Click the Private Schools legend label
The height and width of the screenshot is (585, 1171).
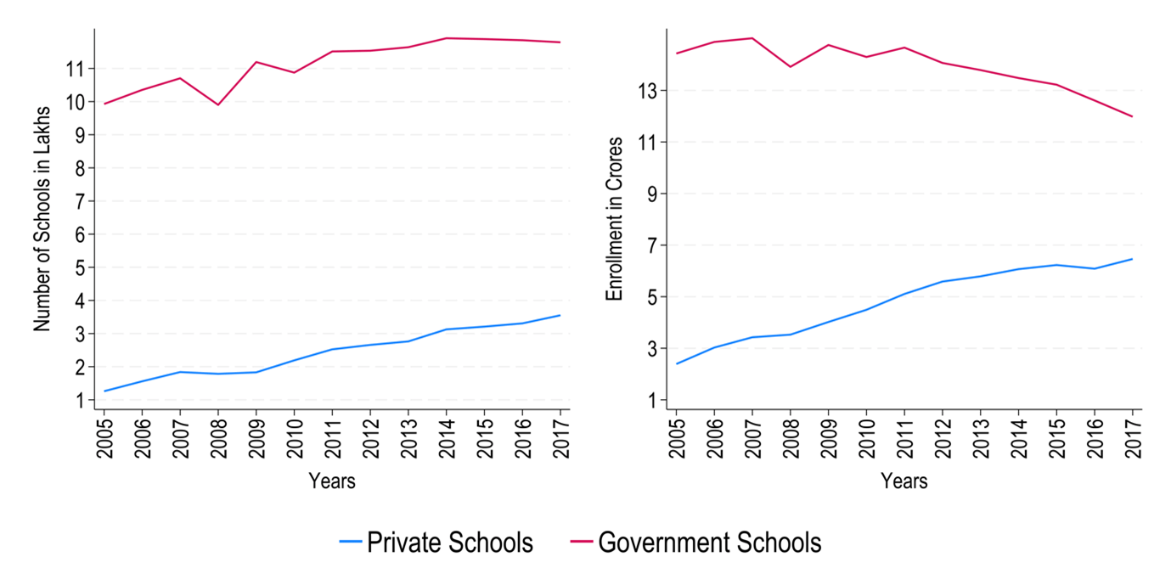pos(450,543)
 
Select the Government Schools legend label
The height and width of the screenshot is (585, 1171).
pos(710,543)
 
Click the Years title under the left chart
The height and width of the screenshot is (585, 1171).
pos(332,481)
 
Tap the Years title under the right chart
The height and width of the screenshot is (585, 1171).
pos(904,481)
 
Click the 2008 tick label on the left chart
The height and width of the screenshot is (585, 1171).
pos(218,439)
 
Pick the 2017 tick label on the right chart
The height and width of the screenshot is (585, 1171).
pos(1132,439)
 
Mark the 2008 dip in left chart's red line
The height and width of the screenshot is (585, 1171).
pos(218,104)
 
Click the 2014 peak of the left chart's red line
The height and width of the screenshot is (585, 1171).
pos(447,38)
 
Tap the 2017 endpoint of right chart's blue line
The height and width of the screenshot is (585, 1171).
pos(1132,259)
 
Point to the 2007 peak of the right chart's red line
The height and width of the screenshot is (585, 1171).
pos(752,38)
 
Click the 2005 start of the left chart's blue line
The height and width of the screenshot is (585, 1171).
pos(104,391)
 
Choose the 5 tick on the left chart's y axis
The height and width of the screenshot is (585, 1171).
pos(78,267)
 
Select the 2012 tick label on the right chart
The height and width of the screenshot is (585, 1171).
pos(943,439)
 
